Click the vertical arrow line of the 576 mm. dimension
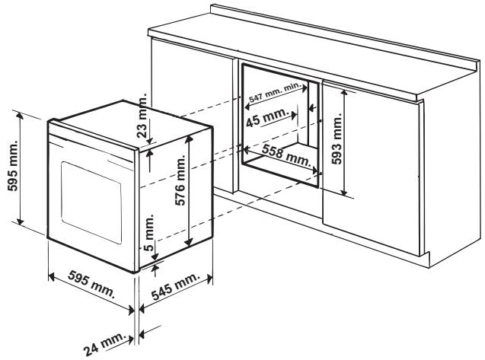187,198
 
